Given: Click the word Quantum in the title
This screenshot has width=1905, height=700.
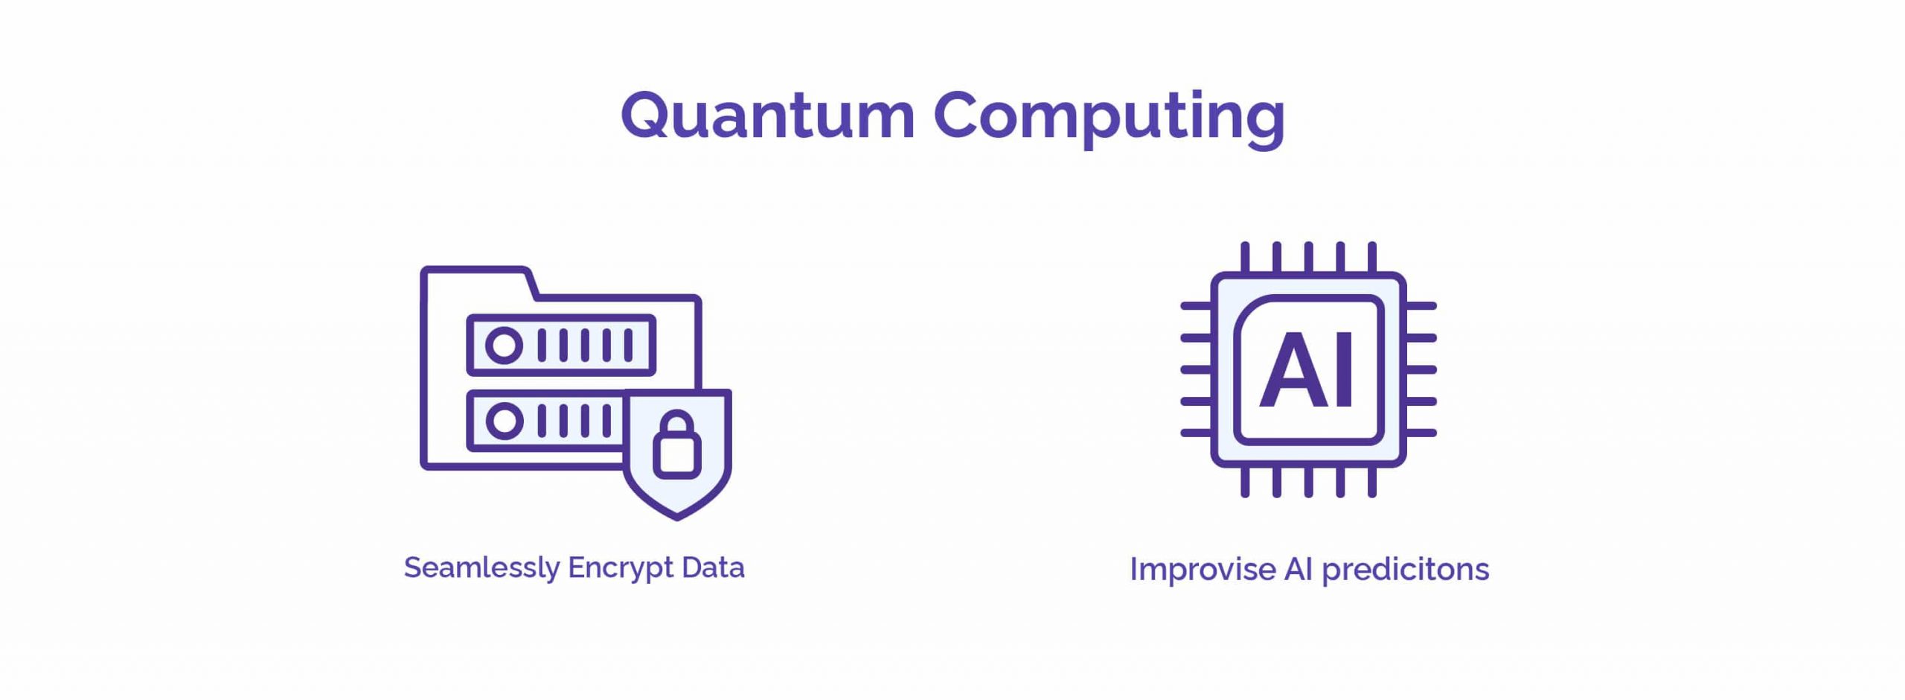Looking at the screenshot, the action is point(767,115).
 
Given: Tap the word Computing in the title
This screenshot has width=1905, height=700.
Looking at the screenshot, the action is point(1109,119).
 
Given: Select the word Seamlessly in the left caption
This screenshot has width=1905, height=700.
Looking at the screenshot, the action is point(481,568).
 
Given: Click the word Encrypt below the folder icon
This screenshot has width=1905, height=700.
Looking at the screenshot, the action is point(621,568).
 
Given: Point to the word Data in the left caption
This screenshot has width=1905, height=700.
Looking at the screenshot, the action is point(713,567).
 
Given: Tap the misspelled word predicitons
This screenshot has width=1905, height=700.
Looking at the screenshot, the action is point(1405,570).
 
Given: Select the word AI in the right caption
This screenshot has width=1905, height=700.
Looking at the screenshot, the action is point(1299,570).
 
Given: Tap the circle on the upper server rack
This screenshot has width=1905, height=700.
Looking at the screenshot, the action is point(504,346).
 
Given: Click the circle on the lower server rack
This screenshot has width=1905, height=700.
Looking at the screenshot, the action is point(504,421).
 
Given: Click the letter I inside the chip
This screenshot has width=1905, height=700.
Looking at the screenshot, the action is point(1344,369).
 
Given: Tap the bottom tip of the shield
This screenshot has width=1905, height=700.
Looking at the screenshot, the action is point(676,519).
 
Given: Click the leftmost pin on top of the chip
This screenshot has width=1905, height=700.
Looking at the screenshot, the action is point(1245,257).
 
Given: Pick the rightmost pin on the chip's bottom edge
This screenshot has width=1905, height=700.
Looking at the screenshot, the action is point(1372,482).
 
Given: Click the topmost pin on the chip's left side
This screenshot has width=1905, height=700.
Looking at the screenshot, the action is point(1196,306).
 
